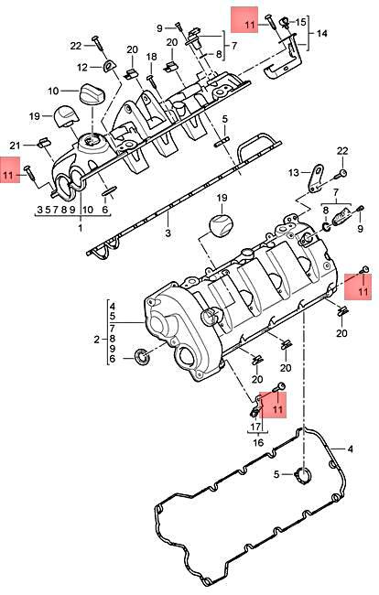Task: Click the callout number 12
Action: (82, 66)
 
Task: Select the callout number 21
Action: (15, 146)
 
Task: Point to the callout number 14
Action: (321, 32)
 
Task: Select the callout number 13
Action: (293, 172)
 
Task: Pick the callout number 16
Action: (257, 441)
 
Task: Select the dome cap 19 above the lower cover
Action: (220, 226)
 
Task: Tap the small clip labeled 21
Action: (41, 142)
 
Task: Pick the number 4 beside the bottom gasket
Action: (349, 449)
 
